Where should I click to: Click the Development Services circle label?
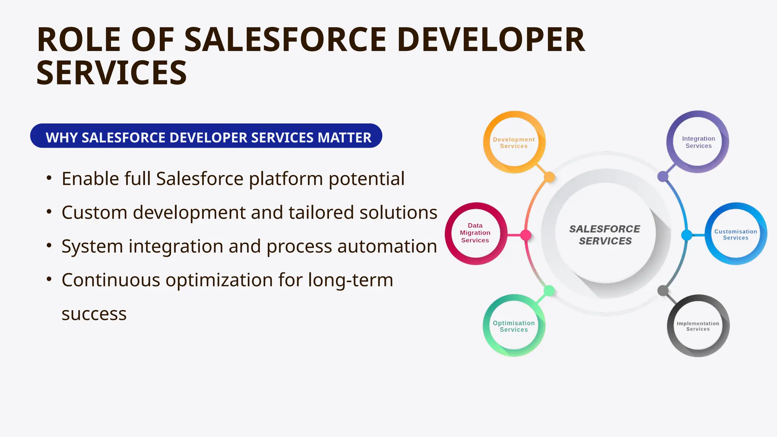point(514,143)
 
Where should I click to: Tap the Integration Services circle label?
point(698,142)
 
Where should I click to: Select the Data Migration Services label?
point(475,233)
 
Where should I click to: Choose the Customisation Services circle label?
point(736,234)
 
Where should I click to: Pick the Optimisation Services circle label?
point(514,326)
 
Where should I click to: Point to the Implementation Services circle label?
point(698,326)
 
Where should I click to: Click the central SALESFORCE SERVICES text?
point(605,235)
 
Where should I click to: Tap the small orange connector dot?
point(549,177)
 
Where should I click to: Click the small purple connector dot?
point(663,176)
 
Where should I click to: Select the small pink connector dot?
point(525,235)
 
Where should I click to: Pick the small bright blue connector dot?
point(686,235)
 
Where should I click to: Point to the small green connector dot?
point(549,291)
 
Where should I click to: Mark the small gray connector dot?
point(663,291)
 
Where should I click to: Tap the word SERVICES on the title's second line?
point(112,73)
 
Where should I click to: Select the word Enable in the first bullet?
point(90,179)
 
